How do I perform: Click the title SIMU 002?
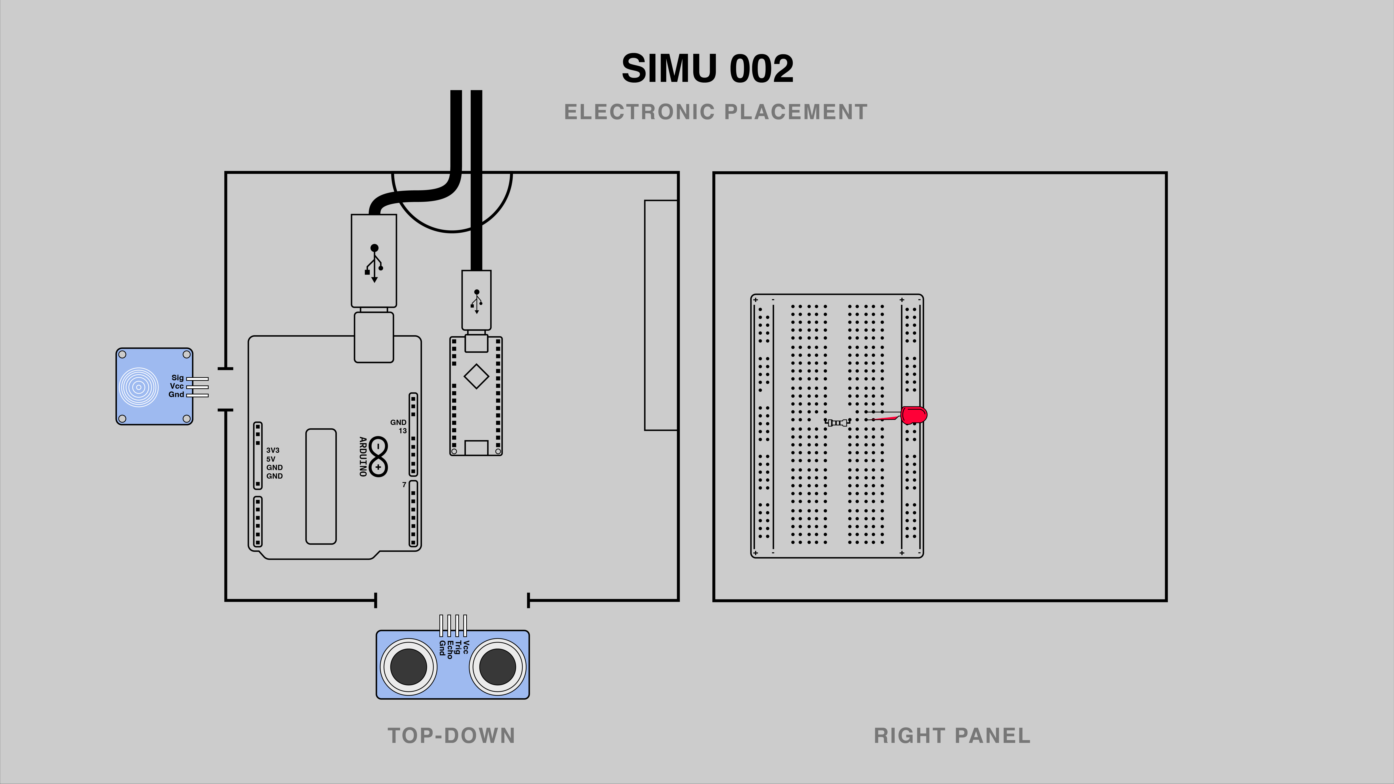[707, 69]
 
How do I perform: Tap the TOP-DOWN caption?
[451, 736]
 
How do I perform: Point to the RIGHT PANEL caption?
[952, 736]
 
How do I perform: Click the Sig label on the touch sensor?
[178, 378]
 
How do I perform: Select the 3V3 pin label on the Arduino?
[273, 450]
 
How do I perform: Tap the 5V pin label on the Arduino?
[271, 459]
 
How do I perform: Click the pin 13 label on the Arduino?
[403, 431]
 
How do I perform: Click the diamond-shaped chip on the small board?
[476, 376]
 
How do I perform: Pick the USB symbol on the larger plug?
[374, 263]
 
